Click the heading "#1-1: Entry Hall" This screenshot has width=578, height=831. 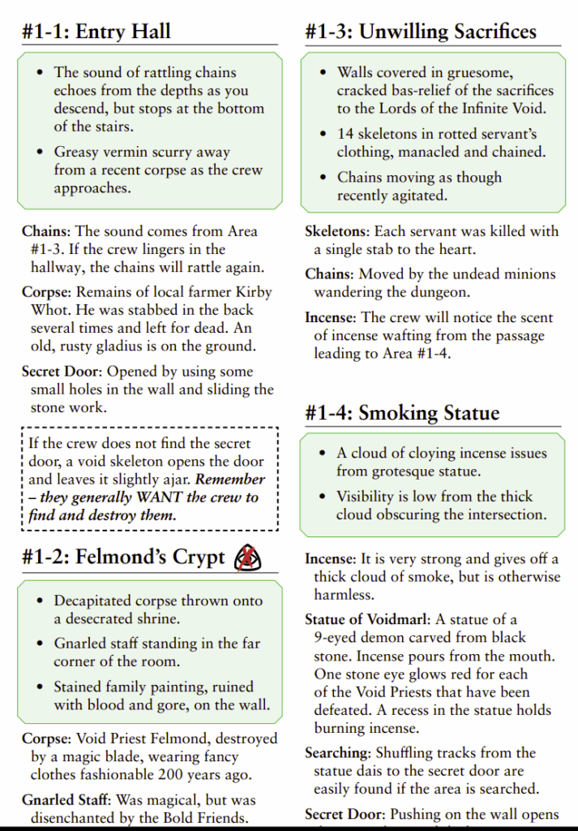pos(96,32)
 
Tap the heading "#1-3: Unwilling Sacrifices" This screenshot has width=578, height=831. pos(421,32)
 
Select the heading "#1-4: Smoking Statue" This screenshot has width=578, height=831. pos(402,413)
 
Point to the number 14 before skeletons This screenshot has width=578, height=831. pos(346,134)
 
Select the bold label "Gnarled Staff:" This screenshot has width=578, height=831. pos(67,799)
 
